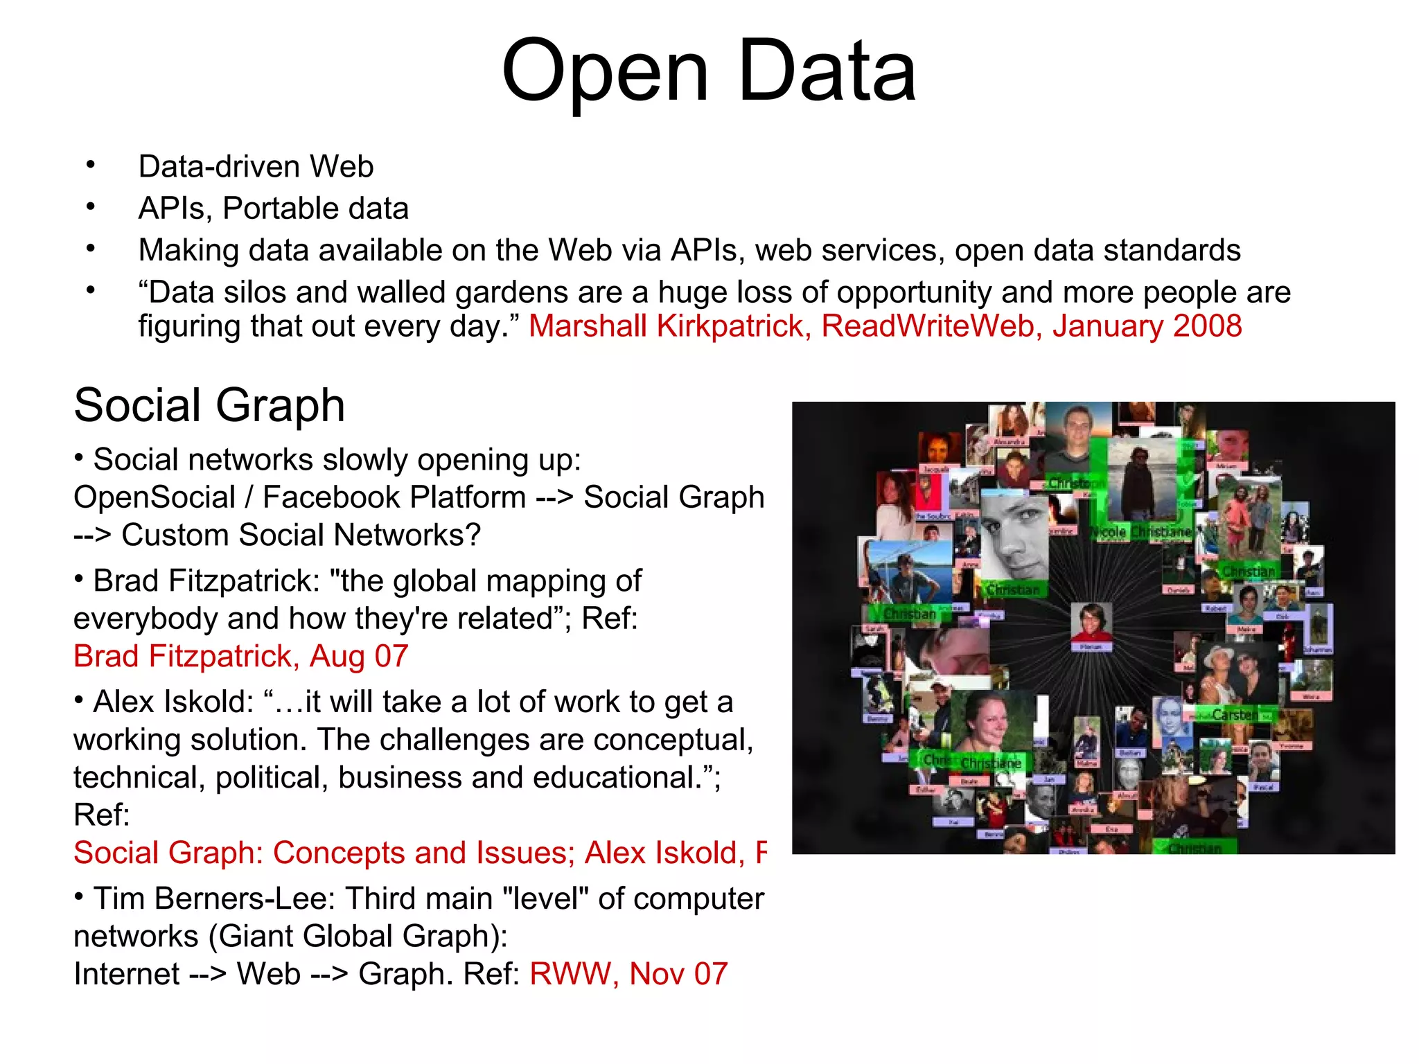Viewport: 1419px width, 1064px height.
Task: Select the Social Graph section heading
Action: (209, 405)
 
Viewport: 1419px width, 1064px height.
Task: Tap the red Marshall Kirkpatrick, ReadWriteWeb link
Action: (885, 326)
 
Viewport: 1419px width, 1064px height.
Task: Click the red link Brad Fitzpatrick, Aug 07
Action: (240, 656)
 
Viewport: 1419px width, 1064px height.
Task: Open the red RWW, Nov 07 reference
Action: (628, 974)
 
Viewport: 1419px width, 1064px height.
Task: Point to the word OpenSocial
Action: (155, 497)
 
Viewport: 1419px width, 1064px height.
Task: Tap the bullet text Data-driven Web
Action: (256, 167)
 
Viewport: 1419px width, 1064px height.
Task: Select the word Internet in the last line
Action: (126, 974)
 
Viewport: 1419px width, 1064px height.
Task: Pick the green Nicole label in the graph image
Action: (1109, 532)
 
